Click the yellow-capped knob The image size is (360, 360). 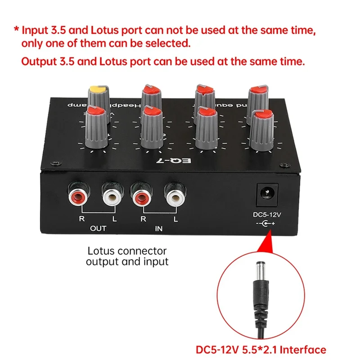(99, 94)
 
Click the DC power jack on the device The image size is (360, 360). (267, 193)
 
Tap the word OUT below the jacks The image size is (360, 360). (98, 229)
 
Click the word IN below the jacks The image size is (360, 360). (159, 229)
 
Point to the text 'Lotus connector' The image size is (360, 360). (127, 251)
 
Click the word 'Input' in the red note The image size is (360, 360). (34, 30)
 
